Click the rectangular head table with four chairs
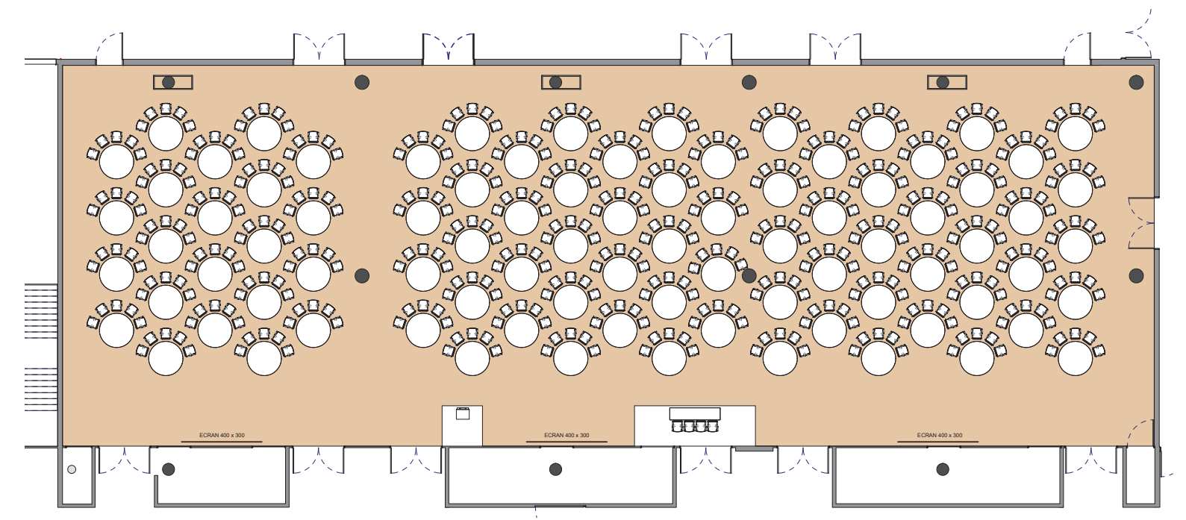(695, 413)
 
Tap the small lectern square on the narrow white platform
(462, 413)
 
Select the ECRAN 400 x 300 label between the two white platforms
(567, 436)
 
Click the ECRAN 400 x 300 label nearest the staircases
(222, 436)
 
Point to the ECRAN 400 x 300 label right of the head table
(939, 436)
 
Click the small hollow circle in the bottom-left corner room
(72, 469)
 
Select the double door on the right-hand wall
(1141, 223)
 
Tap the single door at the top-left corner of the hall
(109, 48)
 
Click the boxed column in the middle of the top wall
(561, 83)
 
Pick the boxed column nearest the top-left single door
(172, 83)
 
